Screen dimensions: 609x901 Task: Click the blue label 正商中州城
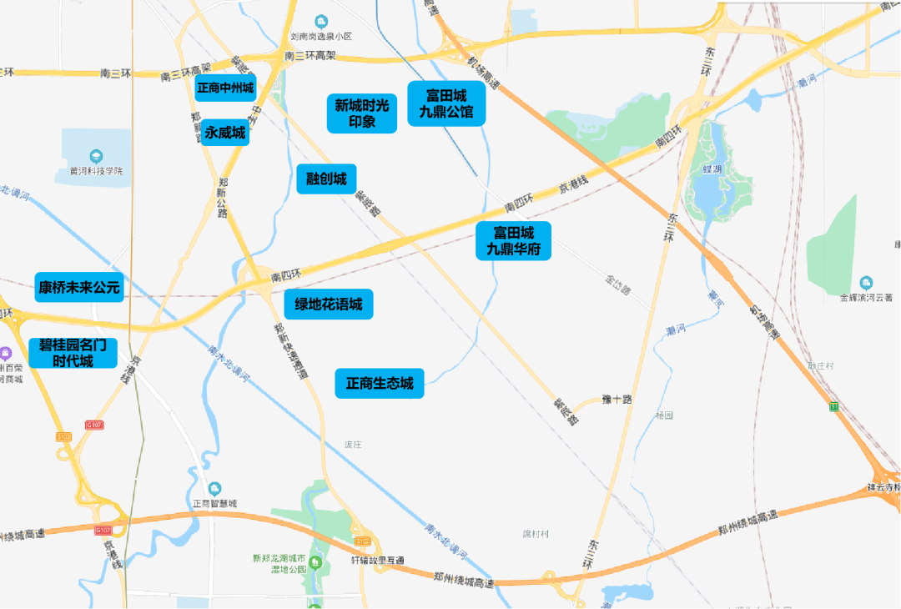point(225,88)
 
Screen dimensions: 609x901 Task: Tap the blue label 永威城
point(225,132)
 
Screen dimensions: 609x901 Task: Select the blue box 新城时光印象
point(362,113)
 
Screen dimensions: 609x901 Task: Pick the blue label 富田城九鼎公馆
point(446,103)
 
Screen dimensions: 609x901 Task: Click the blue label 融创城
point(326,179)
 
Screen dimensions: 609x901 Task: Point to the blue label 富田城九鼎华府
point(513,240)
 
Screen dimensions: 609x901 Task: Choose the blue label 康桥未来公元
point(79,288)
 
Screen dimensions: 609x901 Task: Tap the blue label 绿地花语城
point(329,304)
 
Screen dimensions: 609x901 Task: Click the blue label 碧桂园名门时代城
point(73,353)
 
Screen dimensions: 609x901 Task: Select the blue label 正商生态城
point(380,384)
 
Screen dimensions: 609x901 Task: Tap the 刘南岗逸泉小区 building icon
point(321,21)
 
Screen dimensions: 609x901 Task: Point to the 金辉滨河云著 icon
point(866,283)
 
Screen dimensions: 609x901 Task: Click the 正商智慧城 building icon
point(215,488)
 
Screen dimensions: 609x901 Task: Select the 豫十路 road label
point(617,400)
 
